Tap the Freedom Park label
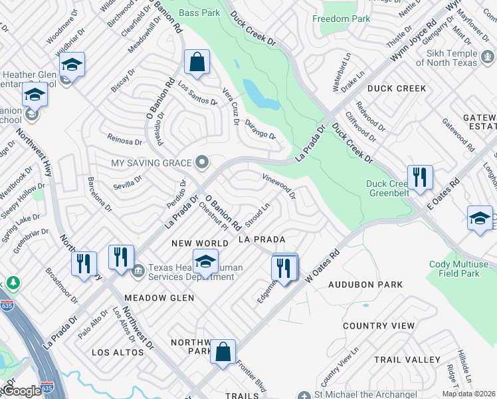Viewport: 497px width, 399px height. coord(341,19)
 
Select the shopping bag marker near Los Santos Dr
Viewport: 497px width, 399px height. coord(197,64)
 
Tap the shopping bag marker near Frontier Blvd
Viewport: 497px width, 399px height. coord(223,352)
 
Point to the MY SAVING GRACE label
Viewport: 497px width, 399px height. coord(152,163)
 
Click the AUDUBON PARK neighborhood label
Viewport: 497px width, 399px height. coord(365,285)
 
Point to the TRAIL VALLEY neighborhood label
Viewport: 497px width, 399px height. coord(407,359)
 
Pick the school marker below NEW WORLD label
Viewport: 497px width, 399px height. coord(205,263)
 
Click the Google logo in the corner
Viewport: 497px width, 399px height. coord(22,391)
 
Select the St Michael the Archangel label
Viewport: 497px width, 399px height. coord(362,394)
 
